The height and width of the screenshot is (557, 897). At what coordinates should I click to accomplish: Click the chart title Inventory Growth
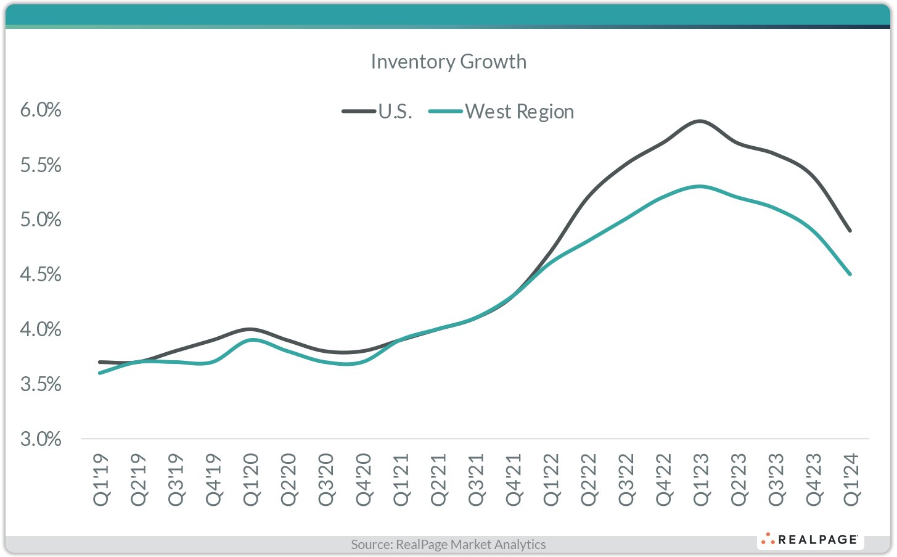448,62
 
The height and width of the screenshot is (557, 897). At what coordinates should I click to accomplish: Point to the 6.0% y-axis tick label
41,110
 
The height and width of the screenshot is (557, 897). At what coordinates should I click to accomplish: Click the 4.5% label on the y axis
41,274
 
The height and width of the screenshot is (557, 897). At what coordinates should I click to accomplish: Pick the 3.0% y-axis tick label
41,439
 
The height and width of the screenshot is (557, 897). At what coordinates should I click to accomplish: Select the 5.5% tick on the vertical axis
41,165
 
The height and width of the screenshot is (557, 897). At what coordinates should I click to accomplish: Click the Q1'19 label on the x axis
101,480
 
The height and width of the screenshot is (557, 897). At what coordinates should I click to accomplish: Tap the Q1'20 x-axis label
251,480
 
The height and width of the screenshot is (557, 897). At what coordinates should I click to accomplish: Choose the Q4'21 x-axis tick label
514,480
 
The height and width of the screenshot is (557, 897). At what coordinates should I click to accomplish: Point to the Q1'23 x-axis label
701,480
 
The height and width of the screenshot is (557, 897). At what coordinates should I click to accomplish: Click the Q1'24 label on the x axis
851,480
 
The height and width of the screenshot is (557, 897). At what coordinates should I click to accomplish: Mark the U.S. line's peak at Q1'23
700,121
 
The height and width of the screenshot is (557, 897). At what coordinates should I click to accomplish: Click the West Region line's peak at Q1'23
700,186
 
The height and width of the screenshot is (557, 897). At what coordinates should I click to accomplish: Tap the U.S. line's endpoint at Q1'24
850,230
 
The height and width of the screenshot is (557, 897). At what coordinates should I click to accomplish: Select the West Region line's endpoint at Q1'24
850,274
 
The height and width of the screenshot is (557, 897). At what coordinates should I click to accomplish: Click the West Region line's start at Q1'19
100,373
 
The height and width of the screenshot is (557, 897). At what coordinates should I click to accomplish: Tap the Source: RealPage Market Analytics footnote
448,544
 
